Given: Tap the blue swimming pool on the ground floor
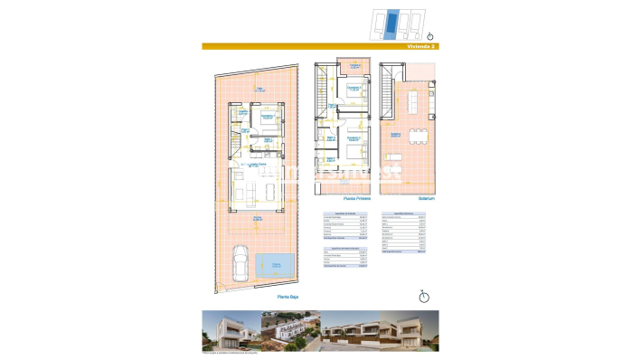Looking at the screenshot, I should tap(273, 264).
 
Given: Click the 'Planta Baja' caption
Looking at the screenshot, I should tap(288, 297).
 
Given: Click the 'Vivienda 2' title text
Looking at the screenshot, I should tap(421, 46).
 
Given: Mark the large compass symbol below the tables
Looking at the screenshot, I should tap(424, 296).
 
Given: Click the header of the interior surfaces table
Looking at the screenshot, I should tap(404, 213).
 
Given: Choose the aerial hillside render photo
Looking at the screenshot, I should tap(289, 331).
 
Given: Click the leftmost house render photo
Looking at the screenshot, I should tap(231, 331).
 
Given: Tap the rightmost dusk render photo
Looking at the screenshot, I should tap(410, 331).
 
